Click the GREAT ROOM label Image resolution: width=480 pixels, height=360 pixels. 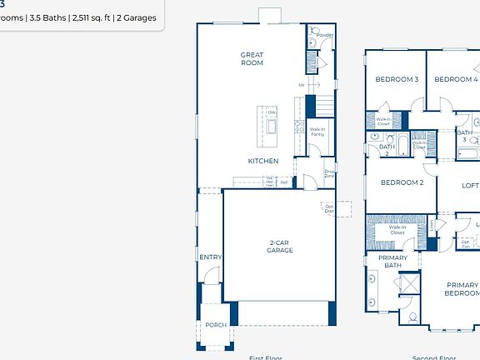[x=252, y=59]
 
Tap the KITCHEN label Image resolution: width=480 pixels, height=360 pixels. [x=262, y=161]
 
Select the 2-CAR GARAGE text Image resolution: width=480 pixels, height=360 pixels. [x=279, y=247]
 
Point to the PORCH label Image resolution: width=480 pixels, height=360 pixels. [x=216, y=325]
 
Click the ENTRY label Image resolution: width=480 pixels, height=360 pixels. [x=211, y=257]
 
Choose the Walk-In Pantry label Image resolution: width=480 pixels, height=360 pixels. [x=317, y=132]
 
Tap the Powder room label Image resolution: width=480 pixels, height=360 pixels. [x=325, y=35]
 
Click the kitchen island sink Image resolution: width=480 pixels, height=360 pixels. [x=271, y=125]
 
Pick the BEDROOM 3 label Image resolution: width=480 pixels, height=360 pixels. [x=397, y=80]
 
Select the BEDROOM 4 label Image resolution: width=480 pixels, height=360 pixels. [x=457, y=80]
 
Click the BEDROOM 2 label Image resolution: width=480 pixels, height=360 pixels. [x=402, y=182]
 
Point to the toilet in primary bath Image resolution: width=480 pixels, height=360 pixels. [x=413, y=316]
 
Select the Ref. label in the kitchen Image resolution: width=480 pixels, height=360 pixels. [x=284, y=182]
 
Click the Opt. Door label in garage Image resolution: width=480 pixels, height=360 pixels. [x=329, y=208]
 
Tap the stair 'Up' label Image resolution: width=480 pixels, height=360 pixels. [x=302, y=85]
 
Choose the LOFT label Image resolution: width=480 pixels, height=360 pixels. [x=471, y=186]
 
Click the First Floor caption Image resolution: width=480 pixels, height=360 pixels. [x=266, y=357]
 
